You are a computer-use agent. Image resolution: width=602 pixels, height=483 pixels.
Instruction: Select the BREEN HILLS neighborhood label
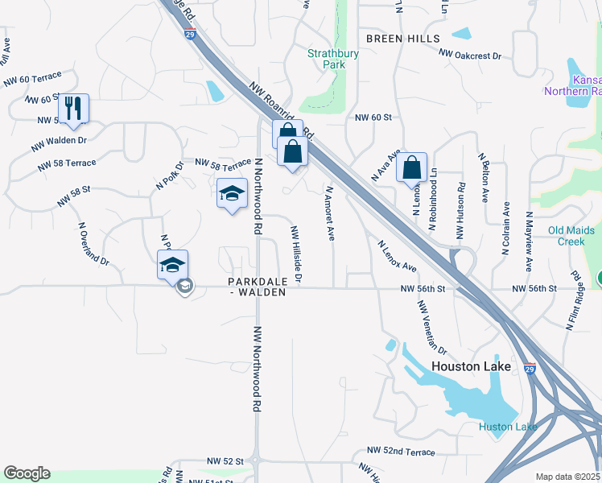[402, 39]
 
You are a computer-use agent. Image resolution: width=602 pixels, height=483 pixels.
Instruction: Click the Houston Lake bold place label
[471, 366]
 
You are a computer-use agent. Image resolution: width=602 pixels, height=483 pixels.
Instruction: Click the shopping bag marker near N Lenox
[411, 167]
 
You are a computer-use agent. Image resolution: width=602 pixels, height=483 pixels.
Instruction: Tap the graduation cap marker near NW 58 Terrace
[232, 193]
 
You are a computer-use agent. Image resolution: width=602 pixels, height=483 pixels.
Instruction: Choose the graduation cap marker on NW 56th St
[172, 264]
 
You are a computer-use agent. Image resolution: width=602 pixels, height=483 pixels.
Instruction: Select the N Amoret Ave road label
[330, 214]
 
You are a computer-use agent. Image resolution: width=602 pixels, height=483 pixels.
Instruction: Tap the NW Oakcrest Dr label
[470, 56]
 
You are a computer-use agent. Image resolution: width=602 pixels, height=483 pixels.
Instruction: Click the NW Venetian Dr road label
[432, 327]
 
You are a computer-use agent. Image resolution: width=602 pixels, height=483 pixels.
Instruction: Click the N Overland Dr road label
[93, 243]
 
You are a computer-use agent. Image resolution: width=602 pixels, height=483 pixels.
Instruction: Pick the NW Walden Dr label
[59, 144]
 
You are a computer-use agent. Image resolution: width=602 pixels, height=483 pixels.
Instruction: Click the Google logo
[27, 473]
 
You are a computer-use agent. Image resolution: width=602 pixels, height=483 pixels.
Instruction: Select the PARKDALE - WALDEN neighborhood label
[257, 287]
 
